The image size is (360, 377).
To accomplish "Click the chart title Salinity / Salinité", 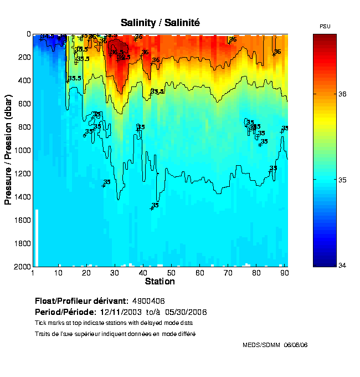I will coord(160,23).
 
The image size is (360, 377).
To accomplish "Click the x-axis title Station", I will coord(160,282).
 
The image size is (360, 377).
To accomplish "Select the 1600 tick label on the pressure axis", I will coord(22,220).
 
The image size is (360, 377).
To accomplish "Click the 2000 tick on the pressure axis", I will coord(22,267).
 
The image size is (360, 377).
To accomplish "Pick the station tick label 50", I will coord(172,273).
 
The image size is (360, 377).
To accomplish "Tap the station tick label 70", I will coord(228,273).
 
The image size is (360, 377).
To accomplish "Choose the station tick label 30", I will coord(115,273).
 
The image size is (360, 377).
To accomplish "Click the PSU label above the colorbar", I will coord(325,27).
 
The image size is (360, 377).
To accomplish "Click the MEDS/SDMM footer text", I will coord(275,345).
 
